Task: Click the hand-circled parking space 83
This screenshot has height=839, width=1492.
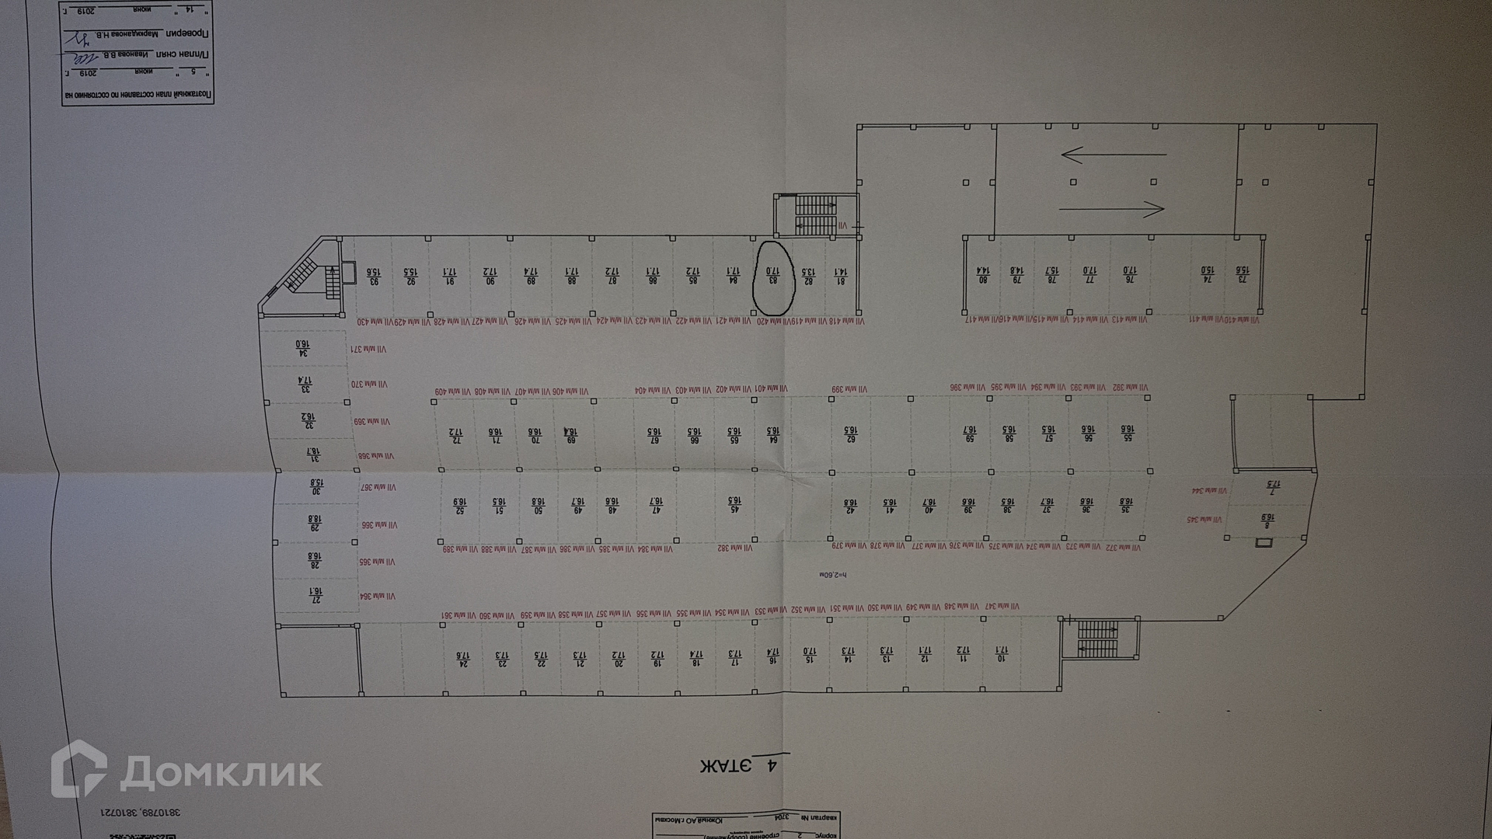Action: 773,276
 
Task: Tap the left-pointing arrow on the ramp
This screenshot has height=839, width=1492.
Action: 1113,155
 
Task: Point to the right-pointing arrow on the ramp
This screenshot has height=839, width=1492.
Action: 1113,208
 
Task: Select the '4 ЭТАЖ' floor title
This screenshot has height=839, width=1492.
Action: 737,765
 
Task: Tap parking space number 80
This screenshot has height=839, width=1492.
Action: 981,275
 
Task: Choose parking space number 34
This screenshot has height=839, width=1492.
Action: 302,349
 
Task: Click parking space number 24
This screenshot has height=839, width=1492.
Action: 463,659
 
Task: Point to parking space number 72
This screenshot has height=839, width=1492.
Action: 455,436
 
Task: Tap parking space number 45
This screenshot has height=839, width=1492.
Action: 732,506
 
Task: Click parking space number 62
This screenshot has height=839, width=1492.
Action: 851,434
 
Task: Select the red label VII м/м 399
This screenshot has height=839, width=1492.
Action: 849,389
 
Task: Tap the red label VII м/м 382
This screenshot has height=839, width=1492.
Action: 735,548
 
